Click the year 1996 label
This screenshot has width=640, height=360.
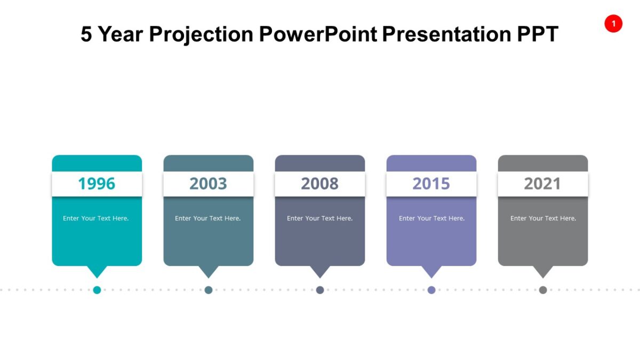97,183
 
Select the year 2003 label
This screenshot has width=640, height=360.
208,183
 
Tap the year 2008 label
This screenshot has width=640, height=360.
319,183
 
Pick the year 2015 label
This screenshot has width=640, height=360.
431,183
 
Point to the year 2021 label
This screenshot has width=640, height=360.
542,183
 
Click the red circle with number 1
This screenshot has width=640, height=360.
613,23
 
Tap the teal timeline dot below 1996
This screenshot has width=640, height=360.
97,290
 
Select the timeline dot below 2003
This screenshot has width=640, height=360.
209,290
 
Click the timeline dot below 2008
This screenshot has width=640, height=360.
320,290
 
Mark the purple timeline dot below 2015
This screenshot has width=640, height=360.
431,290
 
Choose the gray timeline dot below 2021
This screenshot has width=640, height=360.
543,290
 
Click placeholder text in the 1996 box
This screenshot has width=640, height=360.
96,218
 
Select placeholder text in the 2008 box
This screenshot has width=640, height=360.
319,218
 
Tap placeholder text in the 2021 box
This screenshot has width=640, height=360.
543,218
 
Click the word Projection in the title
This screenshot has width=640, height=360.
201,35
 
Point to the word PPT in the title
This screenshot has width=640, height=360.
537,34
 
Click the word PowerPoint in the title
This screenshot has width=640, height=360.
318,34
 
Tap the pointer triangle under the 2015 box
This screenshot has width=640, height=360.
431,271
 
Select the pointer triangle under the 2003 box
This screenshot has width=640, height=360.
209,271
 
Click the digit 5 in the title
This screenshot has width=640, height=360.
86,34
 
